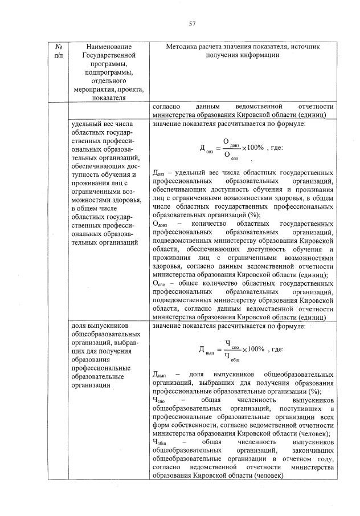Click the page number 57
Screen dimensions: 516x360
pyautogui.click(x=192, y=23)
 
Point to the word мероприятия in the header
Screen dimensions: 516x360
pyautogui.click(x=94, y=89)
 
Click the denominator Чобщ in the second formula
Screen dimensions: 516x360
pyautogui.click(x=231, y=356)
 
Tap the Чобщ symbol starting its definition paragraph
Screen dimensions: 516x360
pyautogui.click(x=161, y=442)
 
